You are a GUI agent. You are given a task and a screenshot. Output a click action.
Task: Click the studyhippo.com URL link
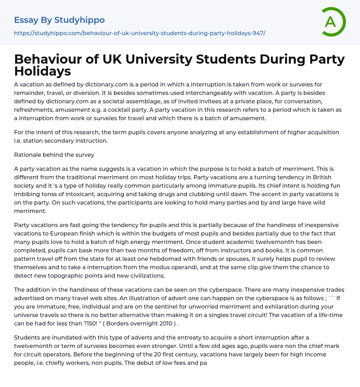pyautogui.click(x=140, y=33)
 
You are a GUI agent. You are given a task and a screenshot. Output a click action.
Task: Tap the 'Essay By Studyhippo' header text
pyautogui.click(x=59, y=20)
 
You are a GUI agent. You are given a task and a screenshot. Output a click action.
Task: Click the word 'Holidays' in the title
pyautogui.click(x=43, y=71)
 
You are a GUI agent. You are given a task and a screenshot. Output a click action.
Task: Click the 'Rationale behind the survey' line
pyautogui.click(x=49, y=155)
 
